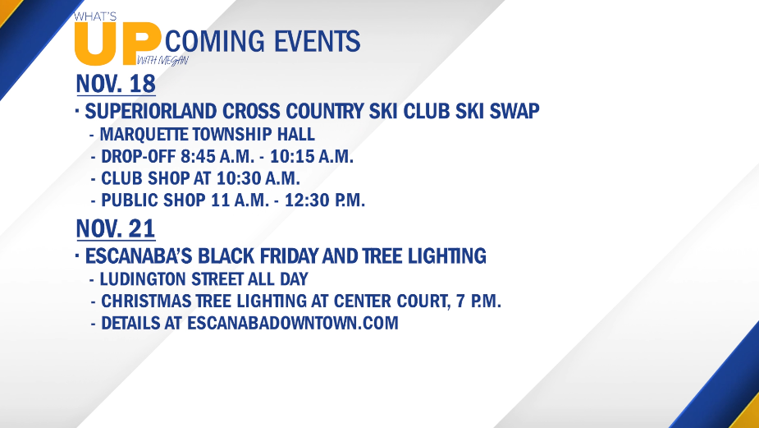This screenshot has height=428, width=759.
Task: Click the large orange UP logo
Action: click(x=117, y=44)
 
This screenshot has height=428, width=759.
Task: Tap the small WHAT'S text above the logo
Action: click(x=95, y=16)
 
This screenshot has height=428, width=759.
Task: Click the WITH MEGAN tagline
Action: click(x=162, y=61)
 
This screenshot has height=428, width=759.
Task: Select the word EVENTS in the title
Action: click(x=317, y=41)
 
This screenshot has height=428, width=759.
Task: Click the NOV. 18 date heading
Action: click(x=116, y=84)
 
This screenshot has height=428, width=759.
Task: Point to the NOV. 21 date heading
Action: click(x=116, y=228)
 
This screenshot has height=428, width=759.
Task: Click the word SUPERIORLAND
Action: click(x=150, y=111)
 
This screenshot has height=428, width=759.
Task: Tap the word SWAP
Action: click(x=514, y=111)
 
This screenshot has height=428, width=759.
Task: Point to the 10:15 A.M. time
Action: click(x=312, y=157)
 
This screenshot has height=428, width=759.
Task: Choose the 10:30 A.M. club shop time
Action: click(x=258, y=178)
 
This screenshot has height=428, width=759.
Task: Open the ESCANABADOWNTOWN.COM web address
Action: click(x=293, y=323)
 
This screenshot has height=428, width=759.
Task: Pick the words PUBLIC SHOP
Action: click(x=153, y=200)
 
